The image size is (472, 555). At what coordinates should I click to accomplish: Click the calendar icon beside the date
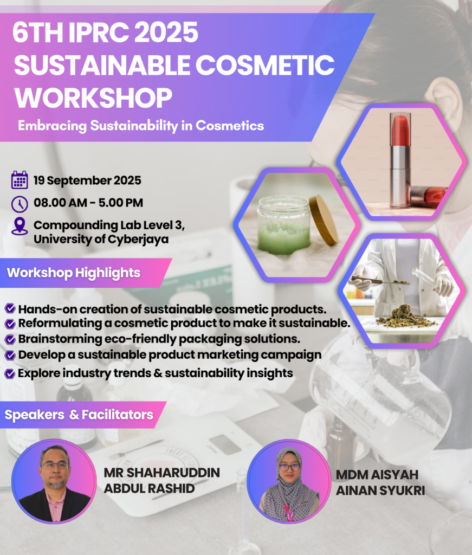pyautogui.click(x=20, y=180)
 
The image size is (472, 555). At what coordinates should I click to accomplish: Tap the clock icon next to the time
pyautogui.click(x=20, y=204)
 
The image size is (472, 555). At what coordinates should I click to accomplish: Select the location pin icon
pyautogui.click(x=20, y=226)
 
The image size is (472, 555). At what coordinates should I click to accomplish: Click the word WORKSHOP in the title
pyautogui.click(x=93, y=97)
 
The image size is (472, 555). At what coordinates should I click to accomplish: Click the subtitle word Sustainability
pyautogui.click(x=134, y=126)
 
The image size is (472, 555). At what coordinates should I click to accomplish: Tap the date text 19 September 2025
pyautogui.click(x=87, y=180)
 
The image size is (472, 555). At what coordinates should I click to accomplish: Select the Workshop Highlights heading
pyautogui.click(x=74, y=273)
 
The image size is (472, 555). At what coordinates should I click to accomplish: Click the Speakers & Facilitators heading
pyautogui.click(x=79, y=415)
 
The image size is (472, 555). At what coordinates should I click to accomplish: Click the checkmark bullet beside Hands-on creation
pyautogui.click(x=10, y=308)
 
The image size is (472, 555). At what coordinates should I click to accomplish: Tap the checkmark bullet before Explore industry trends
pyautogui.click(x=10, y=373)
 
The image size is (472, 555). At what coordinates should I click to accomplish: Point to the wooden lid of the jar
pyautogui.click(x=322, y=220)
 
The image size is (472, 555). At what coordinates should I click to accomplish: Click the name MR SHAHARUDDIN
pyautogui.click(x=161, y=473)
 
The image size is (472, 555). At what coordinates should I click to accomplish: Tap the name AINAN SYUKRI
pyautogui.click(x=380, y=491)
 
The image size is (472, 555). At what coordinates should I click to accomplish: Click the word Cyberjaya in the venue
pyautogui.click(x=138, y=240)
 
